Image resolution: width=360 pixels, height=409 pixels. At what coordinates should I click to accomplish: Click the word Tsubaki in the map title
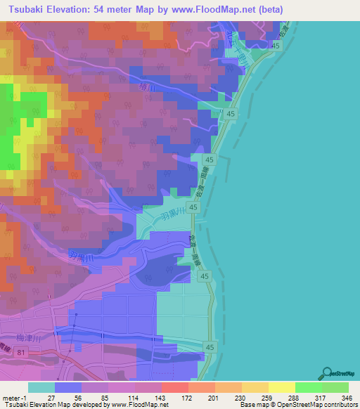[x=28, y=9]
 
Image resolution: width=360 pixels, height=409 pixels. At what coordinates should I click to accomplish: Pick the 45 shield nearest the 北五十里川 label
[x=276, y=46]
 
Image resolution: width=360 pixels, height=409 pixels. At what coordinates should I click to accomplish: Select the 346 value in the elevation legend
[x=346, y=398]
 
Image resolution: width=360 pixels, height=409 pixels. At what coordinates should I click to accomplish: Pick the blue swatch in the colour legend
[x=68, y=387]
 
